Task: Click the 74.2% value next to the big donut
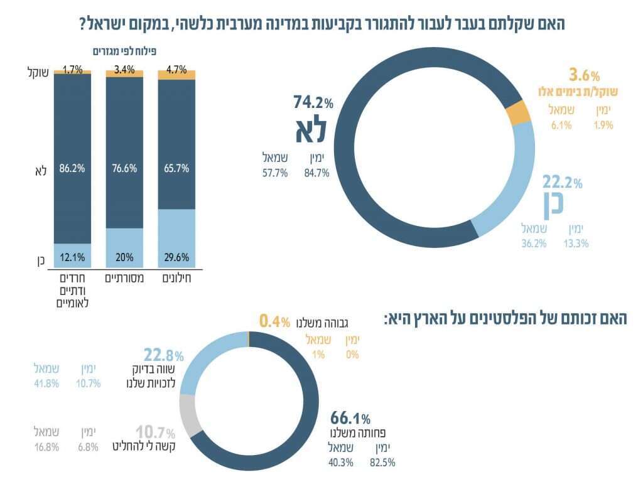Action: click(x=313, y=102)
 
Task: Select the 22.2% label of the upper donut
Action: click(x=563, y=183)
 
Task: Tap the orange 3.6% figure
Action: click(x=584, y=76)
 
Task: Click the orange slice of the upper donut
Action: click(x=519, y=113)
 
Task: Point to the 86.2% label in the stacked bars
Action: click(x=72, y=169)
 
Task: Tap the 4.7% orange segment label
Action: click(x=176, y=70)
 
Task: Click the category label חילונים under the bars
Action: click(x=176, y=277)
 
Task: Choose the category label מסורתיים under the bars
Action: click(x=124, y=277)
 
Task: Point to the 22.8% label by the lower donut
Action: click(x=163, y=355)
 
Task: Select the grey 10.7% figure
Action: click(x=155, y=432)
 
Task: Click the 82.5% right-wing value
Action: click(x=384, y=463)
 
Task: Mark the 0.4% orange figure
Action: click(x=274, y=323)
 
